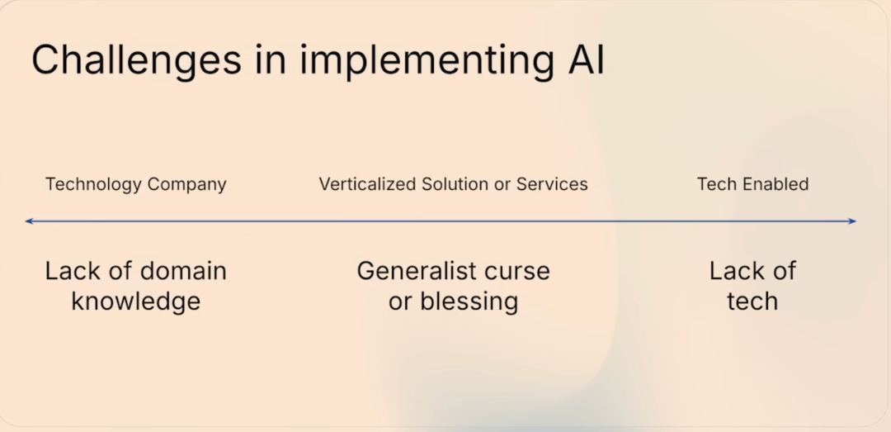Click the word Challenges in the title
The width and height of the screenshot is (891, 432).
click(137, 59)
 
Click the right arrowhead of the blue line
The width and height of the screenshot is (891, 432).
click(852, 221)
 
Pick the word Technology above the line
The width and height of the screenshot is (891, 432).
click(93, 185)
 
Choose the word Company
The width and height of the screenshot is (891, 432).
click(187, 185)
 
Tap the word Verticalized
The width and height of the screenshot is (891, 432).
click(367, 184)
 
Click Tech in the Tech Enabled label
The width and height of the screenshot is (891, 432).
click(717, 184)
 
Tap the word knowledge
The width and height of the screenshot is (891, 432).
click(136, 301)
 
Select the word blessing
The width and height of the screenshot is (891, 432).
click(469, 301)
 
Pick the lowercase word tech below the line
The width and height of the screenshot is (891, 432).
click(752, 301)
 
